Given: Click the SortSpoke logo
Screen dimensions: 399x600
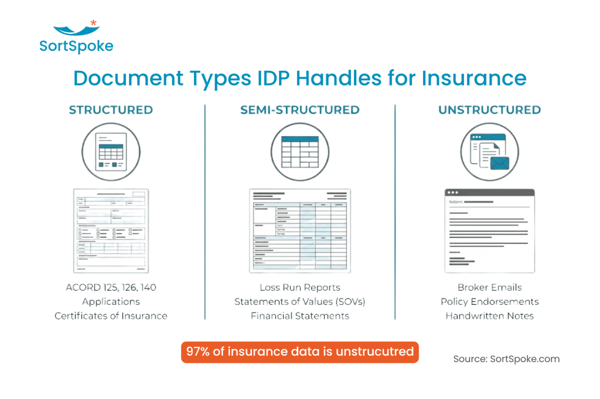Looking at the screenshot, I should click(x=76, y=37).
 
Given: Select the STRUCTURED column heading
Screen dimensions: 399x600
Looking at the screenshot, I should click(x=111, y=109).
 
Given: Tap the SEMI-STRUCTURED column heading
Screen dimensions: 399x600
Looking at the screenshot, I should click(x=300, y=109).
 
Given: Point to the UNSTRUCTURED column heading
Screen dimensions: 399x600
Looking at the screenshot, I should click(x=489, y=109).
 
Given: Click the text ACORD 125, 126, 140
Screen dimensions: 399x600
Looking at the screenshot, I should click(x=111, y=287).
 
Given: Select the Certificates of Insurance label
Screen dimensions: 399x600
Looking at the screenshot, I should click(x=111, y=316).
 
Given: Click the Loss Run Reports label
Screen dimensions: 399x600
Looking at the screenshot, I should click(x=300, y=287).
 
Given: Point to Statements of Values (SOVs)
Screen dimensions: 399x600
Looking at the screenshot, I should click(x=300, y=302).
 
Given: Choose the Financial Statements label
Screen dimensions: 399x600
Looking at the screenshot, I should click(x=300, y=316).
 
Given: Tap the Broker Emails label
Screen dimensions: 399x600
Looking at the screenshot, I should click(x=489, y=287).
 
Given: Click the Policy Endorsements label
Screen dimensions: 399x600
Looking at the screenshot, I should click(x=489, y=302).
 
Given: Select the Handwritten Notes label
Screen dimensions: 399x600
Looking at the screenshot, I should click(x=489, y=316).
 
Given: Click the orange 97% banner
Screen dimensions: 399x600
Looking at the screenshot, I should click(x=300, y=352).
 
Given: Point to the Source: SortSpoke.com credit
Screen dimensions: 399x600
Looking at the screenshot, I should click(x=506, y=359).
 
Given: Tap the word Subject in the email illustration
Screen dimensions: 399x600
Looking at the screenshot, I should click(x=456, y=202).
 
